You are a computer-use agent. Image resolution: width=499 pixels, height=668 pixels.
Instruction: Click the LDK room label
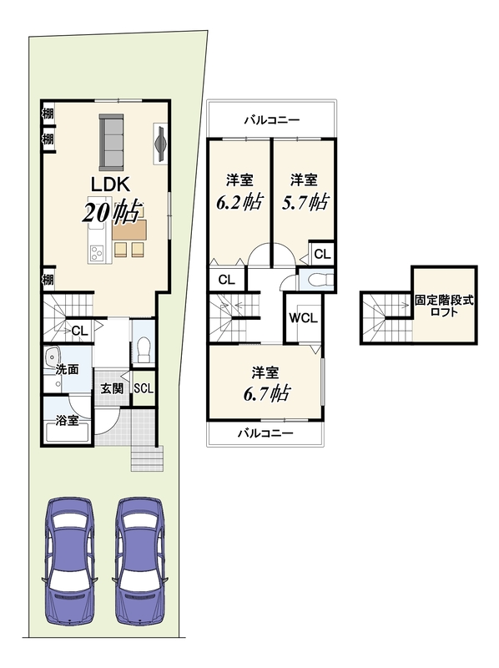click(110, 185)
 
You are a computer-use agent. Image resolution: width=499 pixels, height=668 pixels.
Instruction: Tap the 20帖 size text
click(111, 211)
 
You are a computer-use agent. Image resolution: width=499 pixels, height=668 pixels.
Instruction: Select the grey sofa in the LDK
click(111, 142)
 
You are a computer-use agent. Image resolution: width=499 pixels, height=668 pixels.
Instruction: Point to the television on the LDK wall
click(160, 143)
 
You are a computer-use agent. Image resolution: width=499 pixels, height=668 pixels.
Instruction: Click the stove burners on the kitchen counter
click(97, 253)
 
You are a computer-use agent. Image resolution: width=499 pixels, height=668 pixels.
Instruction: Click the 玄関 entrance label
click(112, 388)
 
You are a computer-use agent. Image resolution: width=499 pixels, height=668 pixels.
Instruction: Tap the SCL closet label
click(144, 388)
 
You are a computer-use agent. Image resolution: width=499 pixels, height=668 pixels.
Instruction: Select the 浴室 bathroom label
click(67, 421)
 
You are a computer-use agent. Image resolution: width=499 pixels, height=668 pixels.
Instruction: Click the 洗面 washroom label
click(67, 369)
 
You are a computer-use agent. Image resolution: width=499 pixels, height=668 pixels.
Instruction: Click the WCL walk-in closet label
click(303, 318)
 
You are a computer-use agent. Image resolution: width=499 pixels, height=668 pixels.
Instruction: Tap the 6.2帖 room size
click(239, 202)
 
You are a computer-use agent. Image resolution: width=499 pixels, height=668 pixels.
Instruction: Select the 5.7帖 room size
click(305, 202)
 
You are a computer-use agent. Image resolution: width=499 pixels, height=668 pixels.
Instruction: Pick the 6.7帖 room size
click(266, 392)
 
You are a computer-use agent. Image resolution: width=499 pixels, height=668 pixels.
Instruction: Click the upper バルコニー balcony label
click(272, 120)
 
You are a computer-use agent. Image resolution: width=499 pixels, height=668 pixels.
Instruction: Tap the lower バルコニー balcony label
click(265, 433)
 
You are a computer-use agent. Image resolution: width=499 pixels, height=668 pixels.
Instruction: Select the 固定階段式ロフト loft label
click(444, 306)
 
